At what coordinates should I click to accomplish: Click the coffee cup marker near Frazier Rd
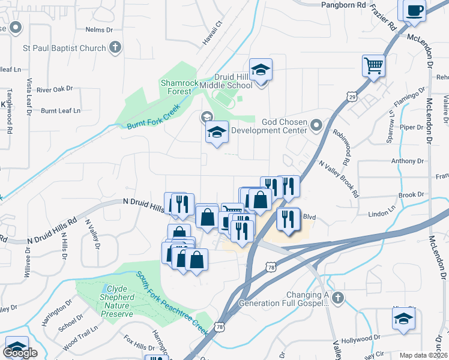click(415, 11)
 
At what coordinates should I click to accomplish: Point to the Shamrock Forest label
click(175, 87)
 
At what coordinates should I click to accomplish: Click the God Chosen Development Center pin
click(317, 125)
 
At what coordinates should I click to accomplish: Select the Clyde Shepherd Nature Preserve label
click(112, 297)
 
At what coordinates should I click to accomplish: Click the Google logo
click(20, 353)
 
